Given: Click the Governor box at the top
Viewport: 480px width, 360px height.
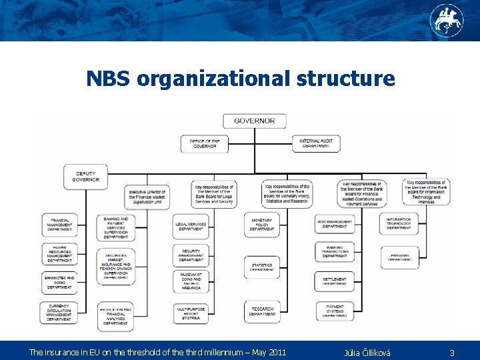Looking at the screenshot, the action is coord(254,121).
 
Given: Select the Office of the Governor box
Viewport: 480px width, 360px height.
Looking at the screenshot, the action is coord(204,144).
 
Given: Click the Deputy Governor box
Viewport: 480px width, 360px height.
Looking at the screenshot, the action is coord(85,176).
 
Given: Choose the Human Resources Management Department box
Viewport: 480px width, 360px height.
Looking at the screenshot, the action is coord(59,254).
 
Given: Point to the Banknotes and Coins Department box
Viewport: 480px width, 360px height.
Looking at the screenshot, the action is coord(59,282).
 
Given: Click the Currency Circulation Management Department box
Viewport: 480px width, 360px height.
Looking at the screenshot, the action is coord(59,313).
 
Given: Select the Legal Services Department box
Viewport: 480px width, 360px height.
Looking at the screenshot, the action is coord(191,226).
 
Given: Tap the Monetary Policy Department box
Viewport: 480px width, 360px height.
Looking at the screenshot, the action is coord(261,224).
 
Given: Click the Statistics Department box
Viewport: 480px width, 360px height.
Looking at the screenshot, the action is coord(261,267).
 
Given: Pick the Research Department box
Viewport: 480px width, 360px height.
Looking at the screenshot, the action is coord(261,311).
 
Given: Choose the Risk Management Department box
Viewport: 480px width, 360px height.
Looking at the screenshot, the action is coord(335,224).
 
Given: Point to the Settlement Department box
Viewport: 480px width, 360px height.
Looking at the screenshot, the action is coord(335,281).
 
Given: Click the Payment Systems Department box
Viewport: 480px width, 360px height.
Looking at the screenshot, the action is coord(335,311).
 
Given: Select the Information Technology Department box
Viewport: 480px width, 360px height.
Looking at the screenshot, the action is coord(399,224).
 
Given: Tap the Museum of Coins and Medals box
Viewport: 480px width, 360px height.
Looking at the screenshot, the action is coord(191,281).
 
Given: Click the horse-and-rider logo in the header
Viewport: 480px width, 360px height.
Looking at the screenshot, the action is coord(446,20).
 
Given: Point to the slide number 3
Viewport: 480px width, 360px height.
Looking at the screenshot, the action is coord(451,352).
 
